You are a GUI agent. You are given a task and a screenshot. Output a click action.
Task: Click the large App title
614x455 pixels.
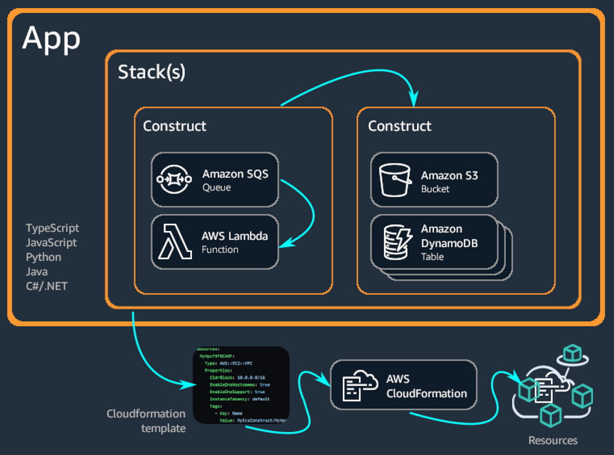[51, 38]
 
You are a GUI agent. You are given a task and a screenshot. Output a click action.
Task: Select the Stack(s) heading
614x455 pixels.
[151, 72]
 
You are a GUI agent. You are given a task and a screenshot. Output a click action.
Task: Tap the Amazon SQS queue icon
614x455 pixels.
[174, 179]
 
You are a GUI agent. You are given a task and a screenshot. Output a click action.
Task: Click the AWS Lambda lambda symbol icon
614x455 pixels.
[174, 242]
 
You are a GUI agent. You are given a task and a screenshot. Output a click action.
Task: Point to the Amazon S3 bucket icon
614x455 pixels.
[394, 180]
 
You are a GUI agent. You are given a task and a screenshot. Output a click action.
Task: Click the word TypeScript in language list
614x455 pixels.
[53, 228]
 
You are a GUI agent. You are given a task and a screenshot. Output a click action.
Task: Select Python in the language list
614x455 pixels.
[43, 257]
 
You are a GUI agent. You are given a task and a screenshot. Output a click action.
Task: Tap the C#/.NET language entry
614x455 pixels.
[47, 286]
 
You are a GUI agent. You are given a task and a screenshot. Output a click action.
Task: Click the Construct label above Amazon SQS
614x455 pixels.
[174, 126]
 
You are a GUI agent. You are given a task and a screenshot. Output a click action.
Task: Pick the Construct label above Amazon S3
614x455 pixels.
[400, 126]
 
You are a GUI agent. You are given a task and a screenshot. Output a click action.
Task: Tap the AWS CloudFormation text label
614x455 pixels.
[426, 386]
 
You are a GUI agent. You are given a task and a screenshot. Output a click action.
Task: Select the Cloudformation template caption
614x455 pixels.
[146, 420]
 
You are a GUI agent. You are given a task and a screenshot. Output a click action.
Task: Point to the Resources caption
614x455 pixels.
[553, 440]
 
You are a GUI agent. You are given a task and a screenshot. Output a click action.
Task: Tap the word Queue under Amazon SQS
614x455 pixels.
[216, 188]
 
